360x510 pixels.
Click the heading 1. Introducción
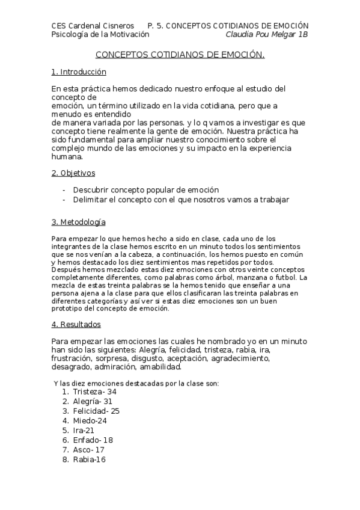[x=79, y=72]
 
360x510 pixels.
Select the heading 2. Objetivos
[x=73, y=173]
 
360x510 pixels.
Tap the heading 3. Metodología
[x=79, y=223]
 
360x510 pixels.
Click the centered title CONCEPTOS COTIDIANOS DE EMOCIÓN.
[x=180, y=55]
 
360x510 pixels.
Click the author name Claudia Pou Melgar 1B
[x=266, y=34]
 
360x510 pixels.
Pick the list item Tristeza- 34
[x=94, y=392]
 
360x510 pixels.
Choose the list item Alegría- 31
[x=93, y=401]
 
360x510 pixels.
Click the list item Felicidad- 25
[x=96, y=411]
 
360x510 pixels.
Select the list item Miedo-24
[x=90, y=420]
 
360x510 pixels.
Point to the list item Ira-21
[x=84, y=430]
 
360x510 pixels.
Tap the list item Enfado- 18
[x=93, y=440]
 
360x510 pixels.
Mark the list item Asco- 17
[x=89, y=449]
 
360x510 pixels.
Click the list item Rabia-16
[x=89, y=459]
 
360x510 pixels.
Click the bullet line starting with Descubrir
[x=145, y=189]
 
